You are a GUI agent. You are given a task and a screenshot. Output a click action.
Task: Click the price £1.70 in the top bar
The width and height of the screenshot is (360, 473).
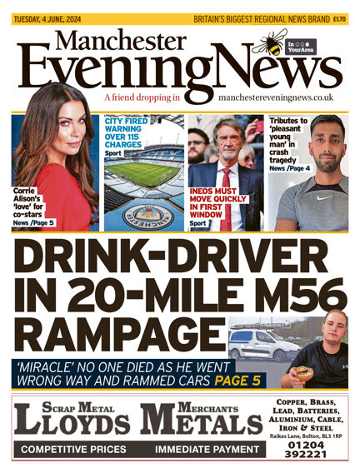(x=340, y=17)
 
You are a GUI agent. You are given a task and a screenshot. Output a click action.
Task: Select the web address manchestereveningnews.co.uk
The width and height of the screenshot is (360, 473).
(x=276, y=97)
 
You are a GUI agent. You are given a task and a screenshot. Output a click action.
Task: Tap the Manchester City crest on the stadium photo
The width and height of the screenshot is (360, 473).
(x=142, y=213)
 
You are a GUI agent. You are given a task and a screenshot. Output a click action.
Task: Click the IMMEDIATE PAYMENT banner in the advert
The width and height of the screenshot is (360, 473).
(x=207, y=450)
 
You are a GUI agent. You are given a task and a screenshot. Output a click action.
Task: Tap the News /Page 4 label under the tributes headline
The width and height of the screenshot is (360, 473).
(x=287, y=147)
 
